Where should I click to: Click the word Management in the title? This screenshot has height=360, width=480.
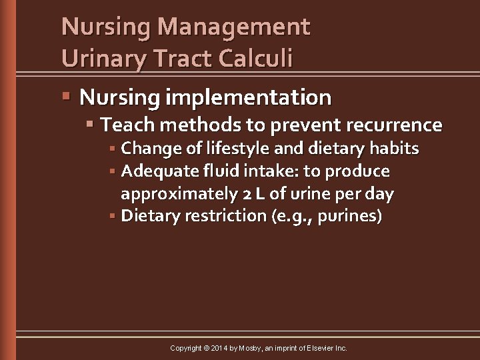pyautogui.click(x=235, y=27)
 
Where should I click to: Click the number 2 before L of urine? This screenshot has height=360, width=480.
pyautogui.click(x=243, y=194)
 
